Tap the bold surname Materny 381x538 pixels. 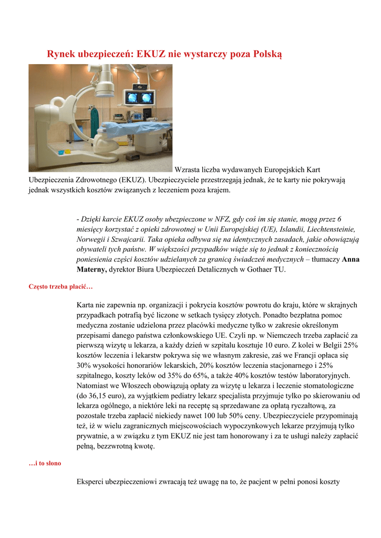tap(91, 270)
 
